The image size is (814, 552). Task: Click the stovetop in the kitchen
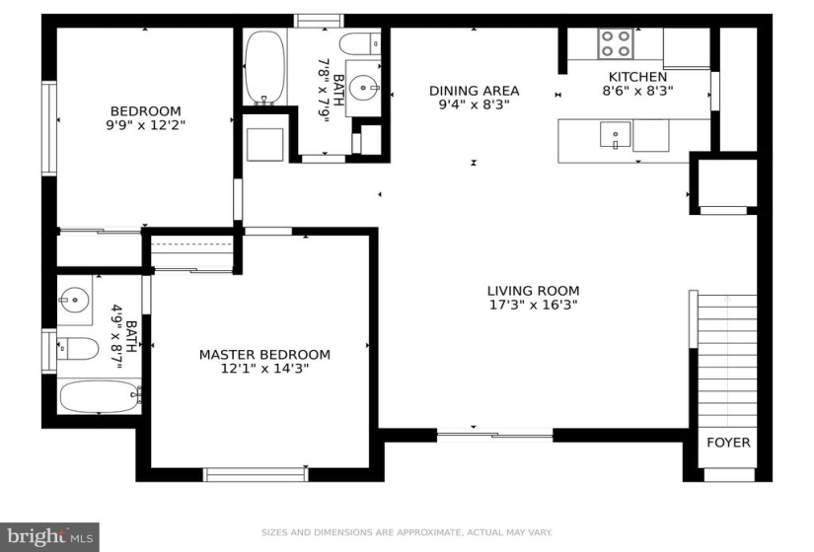[x=616, y=43]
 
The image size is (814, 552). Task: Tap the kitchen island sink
[x=615, y=135]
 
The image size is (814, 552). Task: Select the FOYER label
[x=728, y=443]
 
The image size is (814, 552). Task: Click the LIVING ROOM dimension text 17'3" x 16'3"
[x=534, y=305]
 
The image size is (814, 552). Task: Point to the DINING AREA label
[x=474, y=91]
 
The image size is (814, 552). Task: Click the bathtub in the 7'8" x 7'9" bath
[x=264, y=67]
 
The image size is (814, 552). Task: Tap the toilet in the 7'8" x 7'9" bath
[x=360, y=43]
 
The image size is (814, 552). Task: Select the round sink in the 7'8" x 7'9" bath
[x=363, y=88]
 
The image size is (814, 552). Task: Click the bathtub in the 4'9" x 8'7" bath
[x=100, y=397]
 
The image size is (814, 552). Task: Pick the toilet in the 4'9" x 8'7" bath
[x=78, y=349]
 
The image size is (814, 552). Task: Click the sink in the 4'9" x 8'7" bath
[x=74, y=300]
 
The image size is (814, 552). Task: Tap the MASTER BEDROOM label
[x=264, y=355]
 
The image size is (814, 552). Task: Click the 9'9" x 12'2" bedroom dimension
[x=146, y=125]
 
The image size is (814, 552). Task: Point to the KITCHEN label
[x=637, y=77]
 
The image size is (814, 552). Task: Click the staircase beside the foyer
[x=727, y=362]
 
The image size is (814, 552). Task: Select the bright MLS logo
[x=50, y=536]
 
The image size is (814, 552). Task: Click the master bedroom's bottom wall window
[x=256, y=474]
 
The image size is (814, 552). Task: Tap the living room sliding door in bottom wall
[x=494, y=435]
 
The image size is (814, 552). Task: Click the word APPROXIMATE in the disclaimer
[x=429, y=532]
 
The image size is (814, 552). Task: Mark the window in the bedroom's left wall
[x=49, y=128]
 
